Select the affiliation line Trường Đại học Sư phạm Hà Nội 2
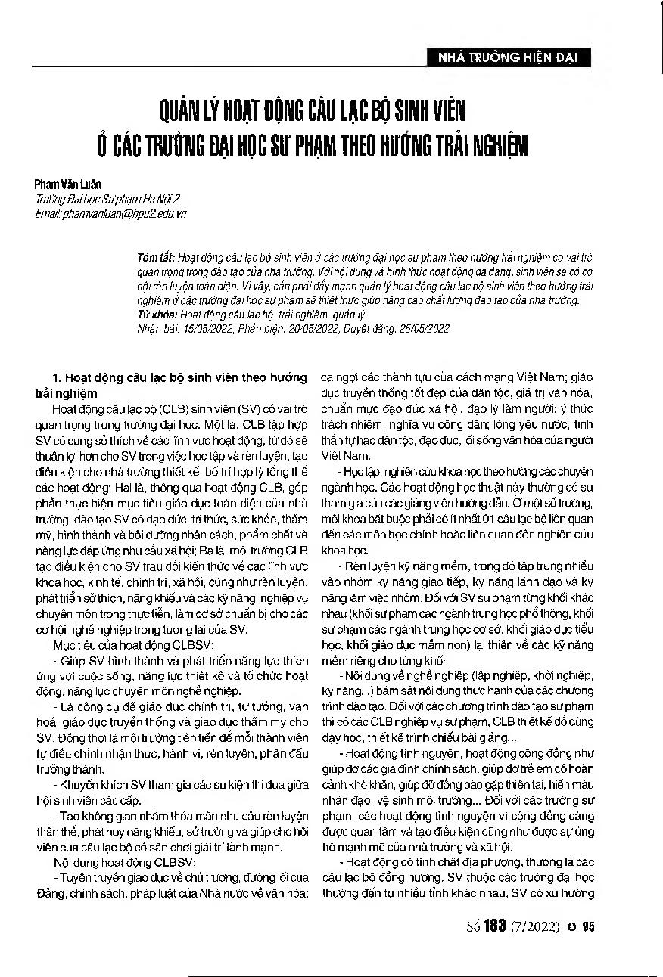[x=107, y=200]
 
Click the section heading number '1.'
[x=56, y=377]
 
